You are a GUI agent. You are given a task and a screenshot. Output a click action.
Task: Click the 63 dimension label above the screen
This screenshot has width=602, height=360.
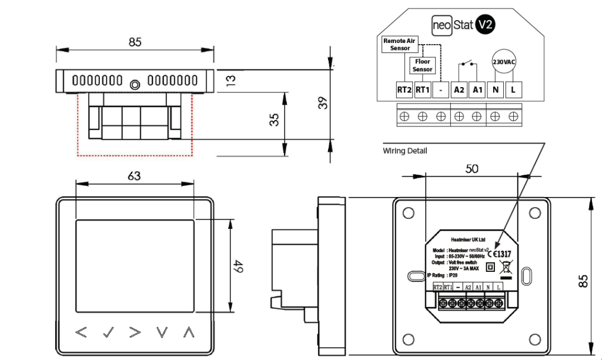(x=134, y=175)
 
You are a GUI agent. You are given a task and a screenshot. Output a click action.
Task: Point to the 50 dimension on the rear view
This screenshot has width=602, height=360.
(x=471, y=169)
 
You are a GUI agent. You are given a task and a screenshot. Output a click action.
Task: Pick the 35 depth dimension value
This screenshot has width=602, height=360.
(x=274, y=120)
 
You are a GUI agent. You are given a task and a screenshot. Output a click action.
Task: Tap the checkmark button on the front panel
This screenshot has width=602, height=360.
(x=108, y=332)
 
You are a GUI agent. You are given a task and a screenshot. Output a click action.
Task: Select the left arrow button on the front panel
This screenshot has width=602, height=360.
(x=81, y=332)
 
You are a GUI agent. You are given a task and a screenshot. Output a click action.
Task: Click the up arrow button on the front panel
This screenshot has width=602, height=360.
(x=188, y=332)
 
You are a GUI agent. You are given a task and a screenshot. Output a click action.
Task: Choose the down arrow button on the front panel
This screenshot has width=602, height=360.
(x=162, y=332)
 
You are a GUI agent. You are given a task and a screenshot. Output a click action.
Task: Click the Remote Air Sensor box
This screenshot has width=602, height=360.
(x=400, y=44)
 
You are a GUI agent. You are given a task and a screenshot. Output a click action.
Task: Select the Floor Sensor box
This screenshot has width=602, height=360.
(x=422, y=65)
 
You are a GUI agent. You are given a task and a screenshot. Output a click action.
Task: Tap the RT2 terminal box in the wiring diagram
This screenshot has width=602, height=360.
(x=403, y=90)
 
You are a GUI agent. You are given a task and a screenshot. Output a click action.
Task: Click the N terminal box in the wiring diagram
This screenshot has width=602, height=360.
(x=496, y=90)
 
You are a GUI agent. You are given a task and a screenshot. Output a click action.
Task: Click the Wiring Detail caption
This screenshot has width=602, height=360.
(x=405, y=151)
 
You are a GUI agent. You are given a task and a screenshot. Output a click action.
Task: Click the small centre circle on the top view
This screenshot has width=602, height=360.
(x=135, y=85)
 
